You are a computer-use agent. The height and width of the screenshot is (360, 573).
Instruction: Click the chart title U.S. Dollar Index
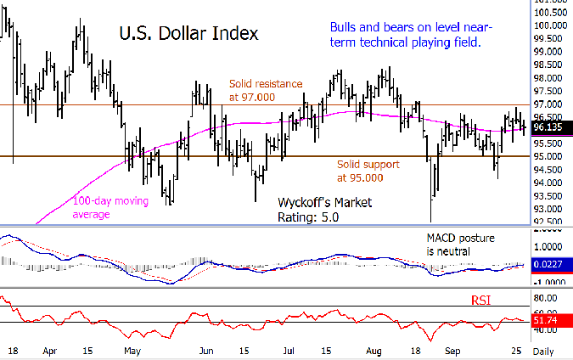tap(188, 34)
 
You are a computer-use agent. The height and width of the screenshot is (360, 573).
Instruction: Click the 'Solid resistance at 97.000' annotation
tap(265, 91)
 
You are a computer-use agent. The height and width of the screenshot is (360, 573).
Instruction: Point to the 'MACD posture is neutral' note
tap(460, 245)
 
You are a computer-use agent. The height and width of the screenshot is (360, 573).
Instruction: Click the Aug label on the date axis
tap(375, 349)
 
